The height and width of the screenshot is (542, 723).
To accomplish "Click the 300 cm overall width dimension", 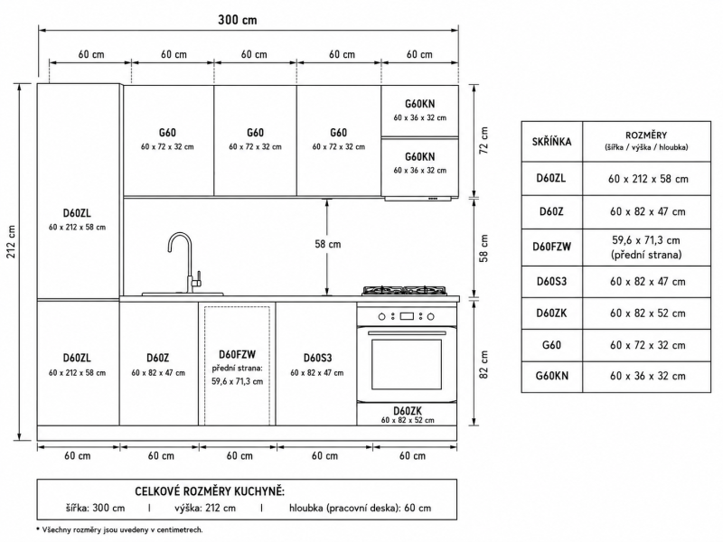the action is coord(238,20).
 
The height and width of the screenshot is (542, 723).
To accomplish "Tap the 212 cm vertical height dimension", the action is coord(11,241).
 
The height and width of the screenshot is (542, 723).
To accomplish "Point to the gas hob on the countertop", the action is coord(404,290).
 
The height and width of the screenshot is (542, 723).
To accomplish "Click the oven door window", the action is coord(406,364).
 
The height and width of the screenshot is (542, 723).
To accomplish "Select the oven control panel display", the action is coord(407,316).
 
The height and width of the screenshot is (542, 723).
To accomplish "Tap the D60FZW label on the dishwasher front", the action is coord(237,354).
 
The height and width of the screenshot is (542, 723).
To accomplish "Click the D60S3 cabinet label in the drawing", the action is coord(317,358).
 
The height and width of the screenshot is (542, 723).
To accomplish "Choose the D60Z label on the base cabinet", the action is coord(157,358).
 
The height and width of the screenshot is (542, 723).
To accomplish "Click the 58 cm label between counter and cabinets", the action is coord(328,244).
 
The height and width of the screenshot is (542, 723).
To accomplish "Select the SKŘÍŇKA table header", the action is coord(551,142).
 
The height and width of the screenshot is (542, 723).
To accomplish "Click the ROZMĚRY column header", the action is coord(646,135).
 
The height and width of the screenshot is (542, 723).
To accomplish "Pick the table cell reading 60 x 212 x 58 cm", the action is coord(648,179).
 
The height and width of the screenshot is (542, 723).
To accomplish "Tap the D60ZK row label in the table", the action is coord(551,313).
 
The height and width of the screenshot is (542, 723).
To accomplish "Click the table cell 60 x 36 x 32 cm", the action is coord(647,376).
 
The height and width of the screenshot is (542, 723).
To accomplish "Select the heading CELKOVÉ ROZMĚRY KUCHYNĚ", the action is coord(210,491).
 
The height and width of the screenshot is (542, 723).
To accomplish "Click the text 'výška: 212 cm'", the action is coord(205,508).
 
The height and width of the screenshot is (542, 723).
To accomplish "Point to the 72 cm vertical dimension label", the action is coord(484,141).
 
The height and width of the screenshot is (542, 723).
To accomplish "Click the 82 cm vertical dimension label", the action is coord(484,365).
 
